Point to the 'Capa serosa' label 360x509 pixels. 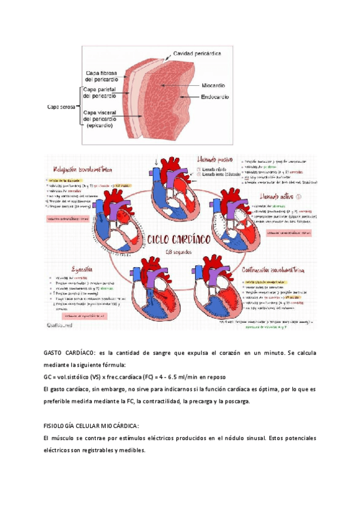(61, 107)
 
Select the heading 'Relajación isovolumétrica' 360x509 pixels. (82, 170)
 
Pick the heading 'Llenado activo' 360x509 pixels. (278, 197)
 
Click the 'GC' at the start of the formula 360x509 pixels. (49, 377)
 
